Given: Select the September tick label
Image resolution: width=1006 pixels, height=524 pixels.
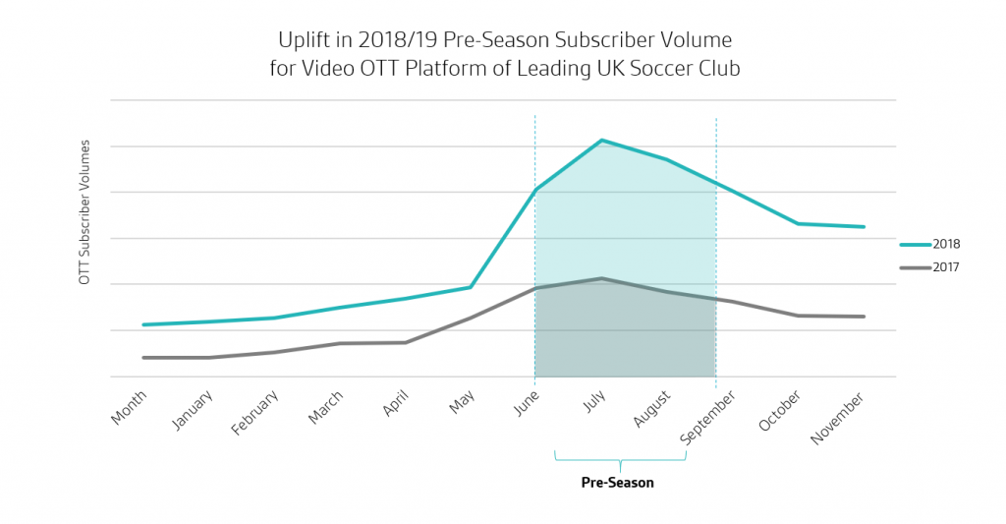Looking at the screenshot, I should (707, 417).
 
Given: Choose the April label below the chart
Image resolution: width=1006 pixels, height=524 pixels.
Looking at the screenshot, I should (396, 404).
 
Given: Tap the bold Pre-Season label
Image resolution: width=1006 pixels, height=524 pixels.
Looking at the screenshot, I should (617, 483).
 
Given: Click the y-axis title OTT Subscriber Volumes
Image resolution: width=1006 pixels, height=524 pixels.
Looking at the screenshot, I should (84, 211).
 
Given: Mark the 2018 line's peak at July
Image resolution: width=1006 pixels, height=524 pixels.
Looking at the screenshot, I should (601, 141).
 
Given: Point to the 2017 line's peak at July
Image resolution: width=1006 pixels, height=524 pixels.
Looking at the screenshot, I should (601, 278).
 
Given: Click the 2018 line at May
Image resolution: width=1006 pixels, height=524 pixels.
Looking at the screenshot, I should (471, 287).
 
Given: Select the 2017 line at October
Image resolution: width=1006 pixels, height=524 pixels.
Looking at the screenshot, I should (798, 316).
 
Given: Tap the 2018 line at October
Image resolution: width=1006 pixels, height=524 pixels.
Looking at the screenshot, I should (798, 224).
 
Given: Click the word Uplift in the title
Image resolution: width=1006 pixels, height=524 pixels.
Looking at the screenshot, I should (299, 41).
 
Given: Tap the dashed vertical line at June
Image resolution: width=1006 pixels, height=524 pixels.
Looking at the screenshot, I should (535, 246).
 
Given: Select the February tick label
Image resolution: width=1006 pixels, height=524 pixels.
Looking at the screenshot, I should (255, 415).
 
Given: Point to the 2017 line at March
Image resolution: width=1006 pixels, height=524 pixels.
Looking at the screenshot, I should (340, 343).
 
